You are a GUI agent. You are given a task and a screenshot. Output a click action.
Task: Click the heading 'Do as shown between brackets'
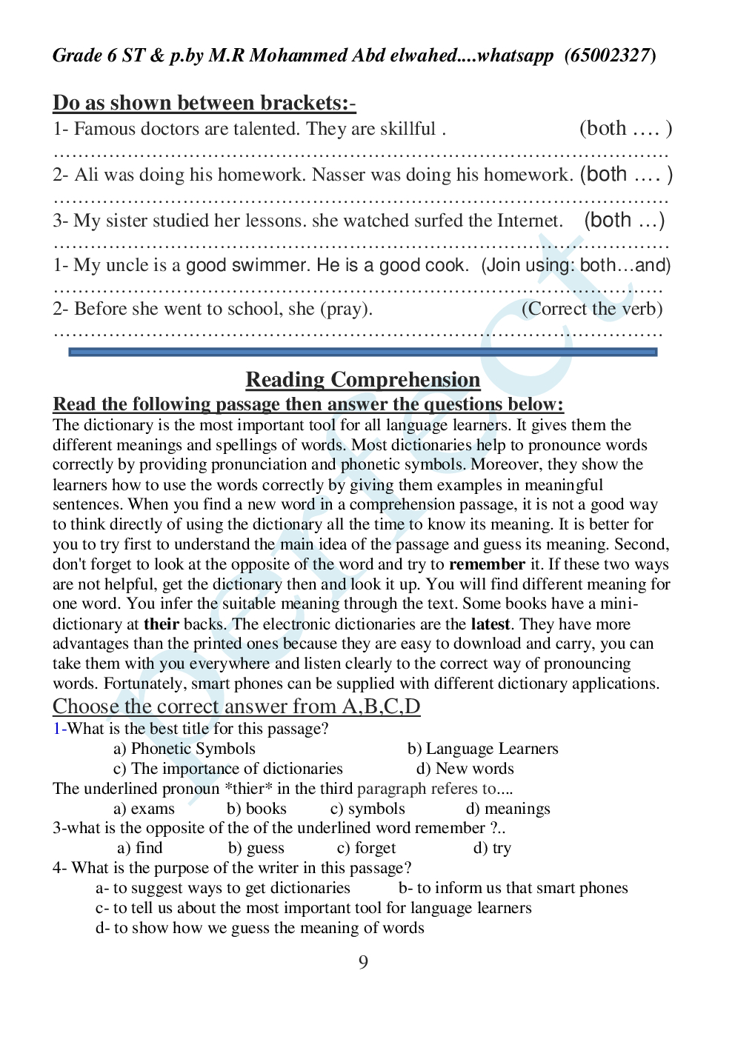(204, 103)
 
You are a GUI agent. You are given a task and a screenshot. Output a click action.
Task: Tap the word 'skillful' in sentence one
(408, 129)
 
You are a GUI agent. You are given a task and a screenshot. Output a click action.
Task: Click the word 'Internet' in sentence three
(526, 221)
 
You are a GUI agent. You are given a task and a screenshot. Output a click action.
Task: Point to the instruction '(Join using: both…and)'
(576, 265)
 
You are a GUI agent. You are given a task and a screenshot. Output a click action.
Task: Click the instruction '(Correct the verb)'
(592, 309)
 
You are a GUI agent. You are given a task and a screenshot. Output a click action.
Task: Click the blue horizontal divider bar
(362, 353)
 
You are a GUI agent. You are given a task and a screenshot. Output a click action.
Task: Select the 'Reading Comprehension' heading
(362, 380)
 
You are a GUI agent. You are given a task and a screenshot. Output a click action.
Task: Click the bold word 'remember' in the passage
(487, 564)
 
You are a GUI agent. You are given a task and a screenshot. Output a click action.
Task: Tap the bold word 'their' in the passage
(162, 624)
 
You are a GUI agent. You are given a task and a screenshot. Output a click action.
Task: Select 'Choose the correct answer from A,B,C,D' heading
(236, 706)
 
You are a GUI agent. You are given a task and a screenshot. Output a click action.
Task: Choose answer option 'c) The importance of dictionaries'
(228, 769)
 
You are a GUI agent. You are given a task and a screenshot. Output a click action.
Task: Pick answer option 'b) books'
(256, 809)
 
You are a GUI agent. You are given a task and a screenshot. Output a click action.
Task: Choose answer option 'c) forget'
(366, 848)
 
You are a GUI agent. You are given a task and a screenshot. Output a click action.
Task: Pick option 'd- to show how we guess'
(259, 928)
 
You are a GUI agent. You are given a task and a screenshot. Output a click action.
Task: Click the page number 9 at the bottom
(363, 962)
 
